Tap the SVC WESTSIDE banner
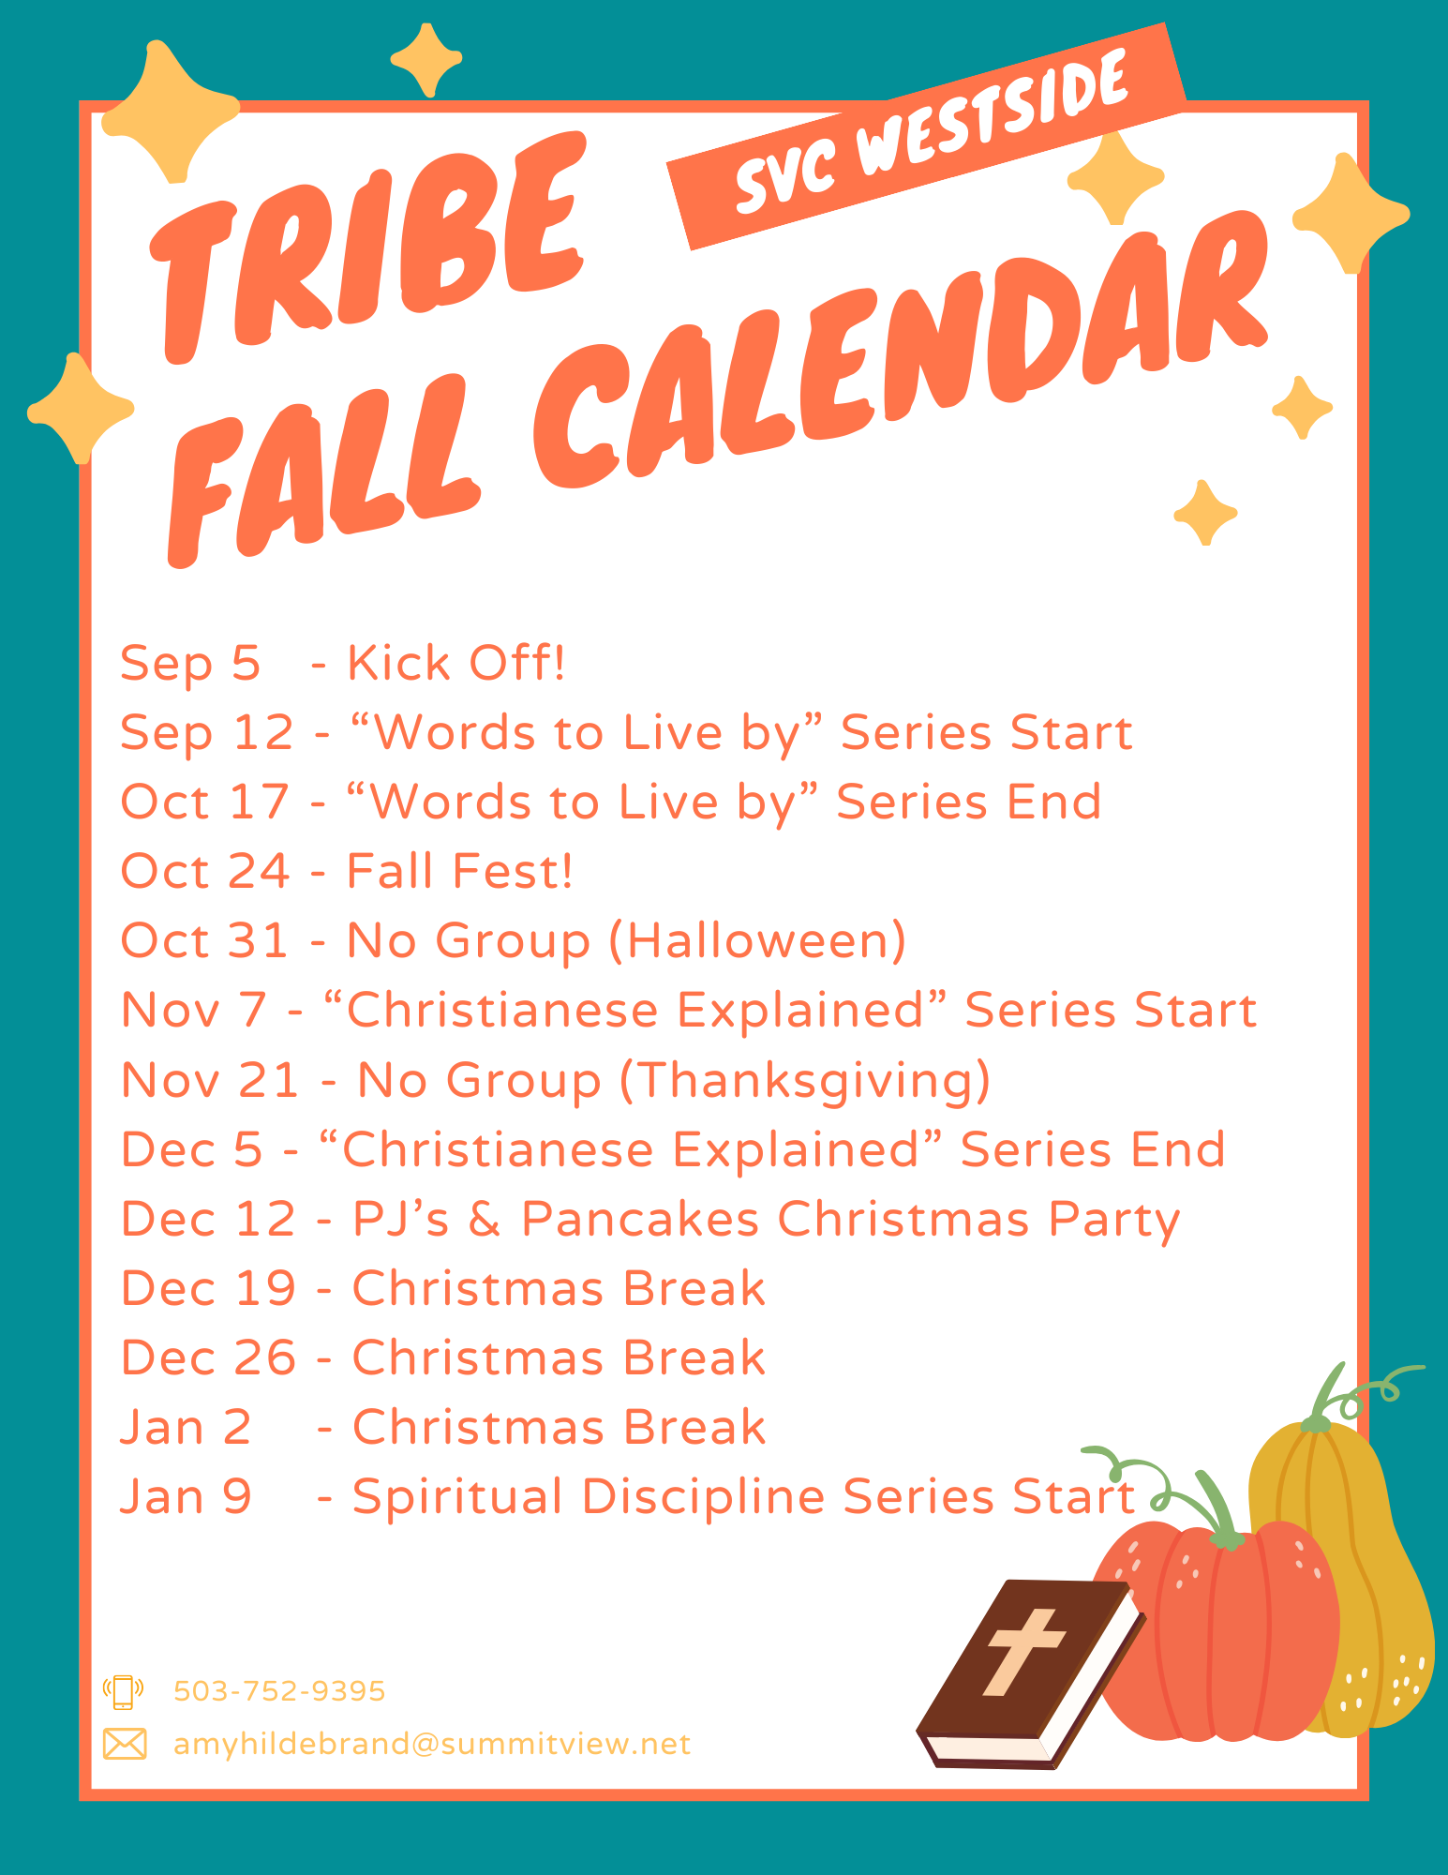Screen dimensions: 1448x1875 click(x=927, y=137)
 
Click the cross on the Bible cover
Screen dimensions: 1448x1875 click(x=1023, y=1651)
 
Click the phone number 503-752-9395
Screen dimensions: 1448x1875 click(x=279, y=1690)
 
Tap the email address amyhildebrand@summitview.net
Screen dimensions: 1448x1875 click(x=432, y=1744)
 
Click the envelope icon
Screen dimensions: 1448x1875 click(x=125, y=1744)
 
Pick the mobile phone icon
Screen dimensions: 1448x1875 click(x=123, y=1691)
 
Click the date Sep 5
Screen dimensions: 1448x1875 click(x=190, y=665)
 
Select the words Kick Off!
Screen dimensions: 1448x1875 click(x=456, y=663)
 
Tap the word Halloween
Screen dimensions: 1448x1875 click(x=757, y=940)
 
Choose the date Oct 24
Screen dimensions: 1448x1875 click(x=205, y=871)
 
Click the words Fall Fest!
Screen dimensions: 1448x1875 click(x=459, y=871)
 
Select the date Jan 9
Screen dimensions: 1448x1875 click(x=186, y=1496)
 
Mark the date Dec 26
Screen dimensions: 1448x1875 click(x=208, y=1357)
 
